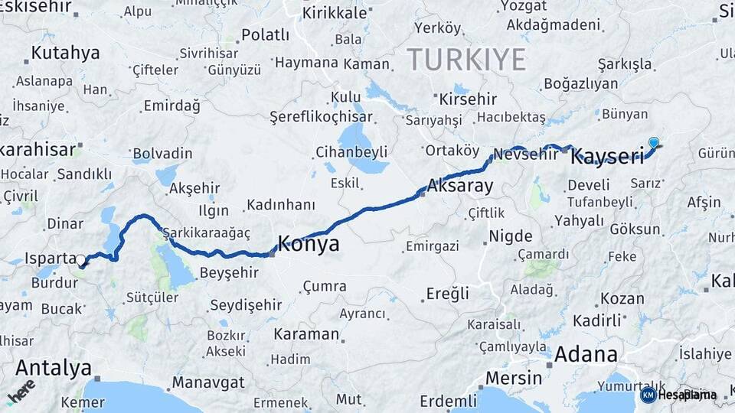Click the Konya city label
(308, 244)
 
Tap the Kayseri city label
(608, 157)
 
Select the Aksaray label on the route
(460, 185)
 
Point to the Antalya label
(53, 367)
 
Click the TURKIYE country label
(466, 59)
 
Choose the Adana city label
(585, 354)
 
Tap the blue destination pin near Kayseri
(653, 142)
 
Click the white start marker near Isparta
(80, 261)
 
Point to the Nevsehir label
(526, 154)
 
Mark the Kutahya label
(66, 54)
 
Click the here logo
(21, 391)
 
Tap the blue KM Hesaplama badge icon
(648, 395)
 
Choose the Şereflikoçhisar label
(321, 117)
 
